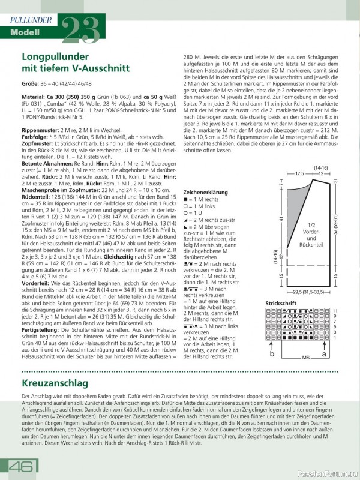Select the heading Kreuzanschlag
[x=55, y=382]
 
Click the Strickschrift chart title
[x=281, y=303]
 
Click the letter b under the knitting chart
[x=272, y=355]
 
